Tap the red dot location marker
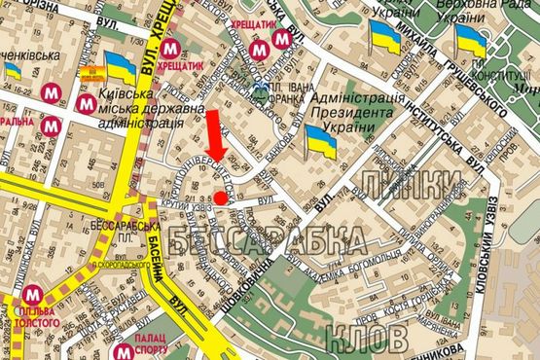tap(221, 198)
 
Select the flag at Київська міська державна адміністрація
tap(121, 70)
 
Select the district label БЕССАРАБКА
tap(267, 239)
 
